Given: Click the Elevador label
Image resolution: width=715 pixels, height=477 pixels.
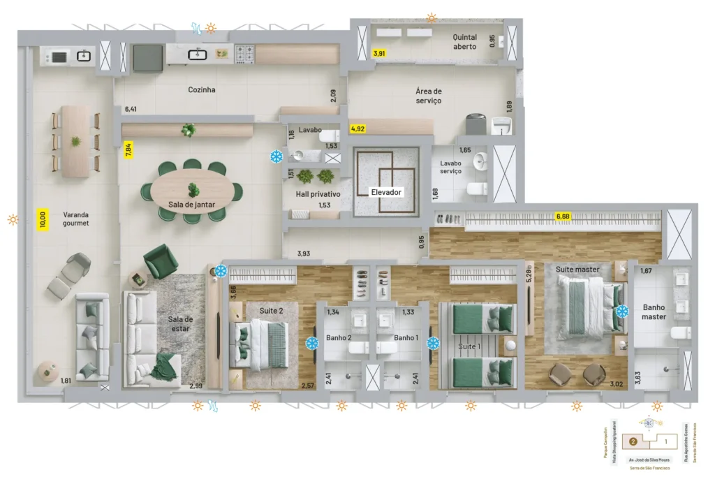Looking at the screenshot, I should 386,191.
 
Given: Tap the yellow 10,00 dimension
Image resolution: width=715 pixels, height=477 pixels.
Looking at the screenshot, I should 43,221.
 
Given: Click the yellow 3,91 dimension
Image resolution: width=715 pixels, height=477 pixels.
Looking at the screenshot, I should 379,53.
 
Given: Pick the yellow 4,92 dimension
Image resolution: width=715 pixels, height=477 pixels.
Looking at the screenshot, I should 357,129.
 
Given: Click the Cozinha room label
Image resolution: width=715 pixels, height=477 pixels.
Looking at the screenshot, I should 201,90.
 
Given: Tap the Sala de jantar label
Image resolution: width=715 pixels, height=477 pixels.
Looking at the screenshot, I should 191,205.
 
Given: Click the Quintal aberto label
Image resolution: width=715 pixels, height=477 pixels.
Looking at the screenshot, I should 464,42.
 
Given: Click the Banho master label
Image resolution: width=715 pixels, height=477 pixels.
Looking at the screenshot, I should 654,311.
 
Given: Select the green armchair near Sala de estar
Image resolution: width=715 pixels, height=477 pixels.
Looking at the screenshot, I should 161,260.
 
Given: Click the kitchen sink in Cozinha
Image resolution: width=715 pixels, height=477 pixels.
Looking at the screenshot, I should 198,53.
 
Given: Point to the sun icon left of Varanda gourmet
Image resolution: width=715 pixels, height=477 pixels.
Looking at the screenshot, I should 13,219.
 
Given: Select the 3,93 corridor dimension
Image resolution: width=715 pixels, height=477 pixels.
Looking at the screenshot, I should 304,254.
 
